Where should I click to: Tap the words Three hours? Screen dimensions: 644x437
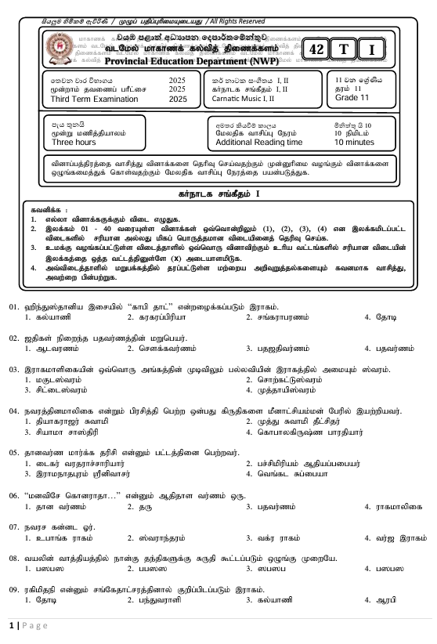(x=73, y=143)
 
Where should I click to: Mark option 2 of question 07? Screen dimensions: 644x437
(x=152, y=537)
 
